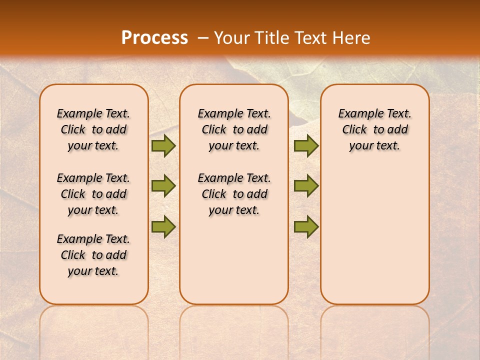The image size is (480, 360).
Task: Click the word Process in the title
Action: pos(154,38)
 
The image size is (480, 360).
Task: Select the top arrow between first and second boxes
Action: pos(163,145)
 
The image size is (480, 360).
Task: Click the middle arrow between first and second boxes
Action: pos(163,186)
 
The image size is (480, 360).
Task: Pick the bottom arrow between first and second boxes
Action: pos(163,226)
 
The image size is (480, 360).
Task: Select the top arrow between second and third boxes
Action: pos(306,145)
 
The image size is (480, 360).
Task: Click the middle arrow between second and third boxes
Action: pos(306,186)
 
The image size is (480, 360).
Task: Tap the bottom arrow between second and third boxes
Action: pos(306,226)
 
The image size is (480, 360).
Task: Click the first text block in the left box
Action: pos(93,129)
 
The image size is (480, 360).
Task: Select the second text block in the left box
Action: pos(93,194)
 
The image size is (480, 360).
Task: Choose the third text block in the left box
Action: pos(93,255)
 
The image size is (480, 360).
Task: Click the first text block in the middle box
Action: pos(234,129)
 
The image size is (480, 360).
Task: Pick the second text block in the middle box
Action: pos(234,194)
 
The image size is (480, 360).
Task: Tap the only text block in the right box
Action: pos(374,129)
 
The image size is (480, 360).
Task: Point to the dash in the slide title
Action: pos(203,38)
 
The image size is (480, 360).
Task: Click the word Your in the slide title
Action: pos(231,38)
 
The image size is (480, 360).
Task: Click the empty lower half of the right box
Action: pos(374,240)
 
